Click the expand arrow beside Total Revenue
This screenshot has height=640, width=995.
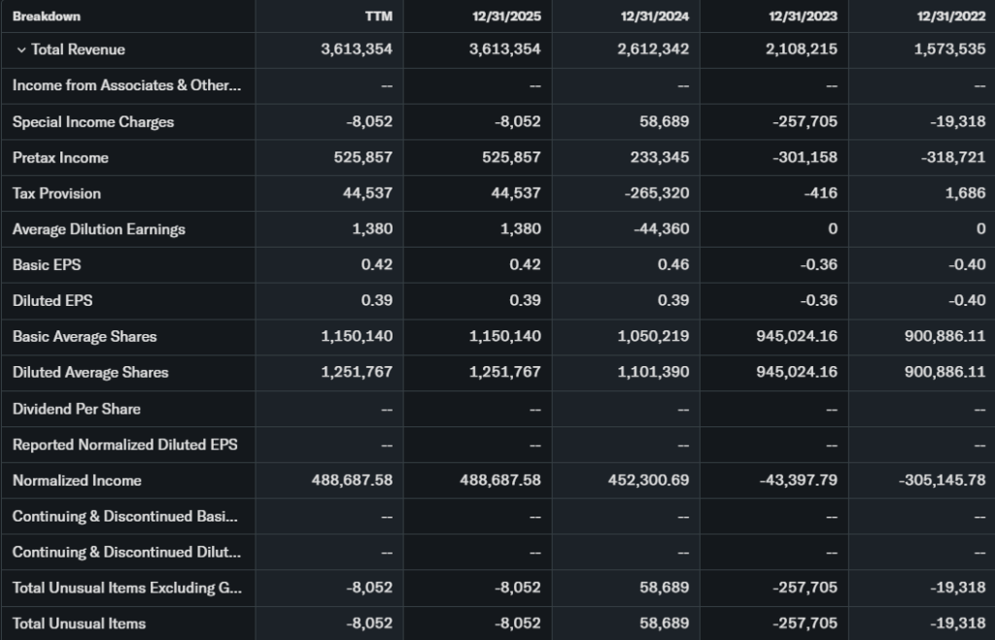click(x=20, y=50)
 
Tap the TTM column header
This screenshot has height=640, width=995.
click(x=378, y=17)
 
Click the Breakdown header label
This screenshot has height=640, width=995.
click(x=47, y=17)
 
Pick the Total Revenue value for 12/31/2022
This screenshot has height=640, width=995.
click(x=949, y=50)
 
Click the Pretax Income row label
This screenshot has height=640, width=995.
click(x=60, y=157)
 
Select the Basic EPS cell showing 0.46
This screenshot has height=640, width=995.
click(x=673, y=265)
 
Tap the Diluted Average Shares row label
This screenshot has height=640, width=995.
click(x=90, y=372)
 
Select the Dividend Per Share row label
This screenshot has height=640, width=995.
click(x=76, y=409)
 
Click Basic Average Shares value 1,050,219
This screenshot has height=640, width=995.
click(x=653, y=336)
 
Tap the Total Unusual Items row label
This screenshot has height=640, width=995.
click(x=79, y=623)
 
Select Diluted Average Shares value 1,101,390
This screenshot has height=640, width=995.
click(x=653, y=372)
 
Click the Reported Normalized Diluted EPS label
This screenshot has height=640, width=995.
click(x=124, y=445)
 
